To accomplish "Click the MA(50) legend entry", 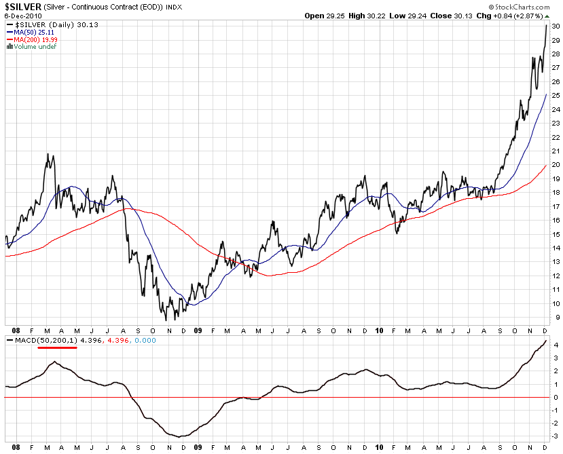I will pos(31,32).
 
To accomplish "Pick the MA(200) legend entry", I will pos(33,40).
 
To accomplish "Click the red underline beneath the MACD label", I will pos(58,347).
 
